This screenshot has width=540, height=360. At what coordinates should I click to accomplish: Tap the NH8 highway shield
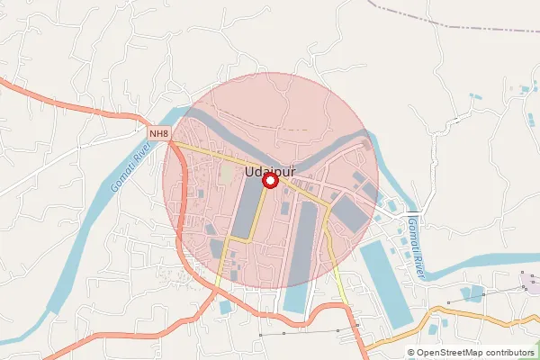pos(159,134)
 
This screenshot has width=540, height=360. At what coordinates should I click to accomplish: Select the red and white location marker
pos(269,181)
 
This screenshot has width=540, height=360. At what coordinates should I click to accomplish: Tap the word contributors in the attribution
pos(510,353)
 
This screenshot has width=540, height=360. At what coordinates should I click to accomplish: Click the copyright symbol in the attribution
pos(410,353)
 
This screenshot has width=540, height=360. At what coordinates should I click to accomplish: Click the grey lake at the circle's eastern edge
pos(350,212)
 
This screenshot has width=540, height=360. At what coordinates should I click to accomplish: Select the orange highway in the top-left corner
pos(54,98)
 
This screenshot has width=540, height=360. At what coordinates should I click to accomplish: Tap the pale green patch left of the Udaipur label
pos(228,171)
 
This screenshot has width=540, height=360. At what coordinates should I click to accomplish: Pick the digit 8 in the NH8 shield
pos(166,134)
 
